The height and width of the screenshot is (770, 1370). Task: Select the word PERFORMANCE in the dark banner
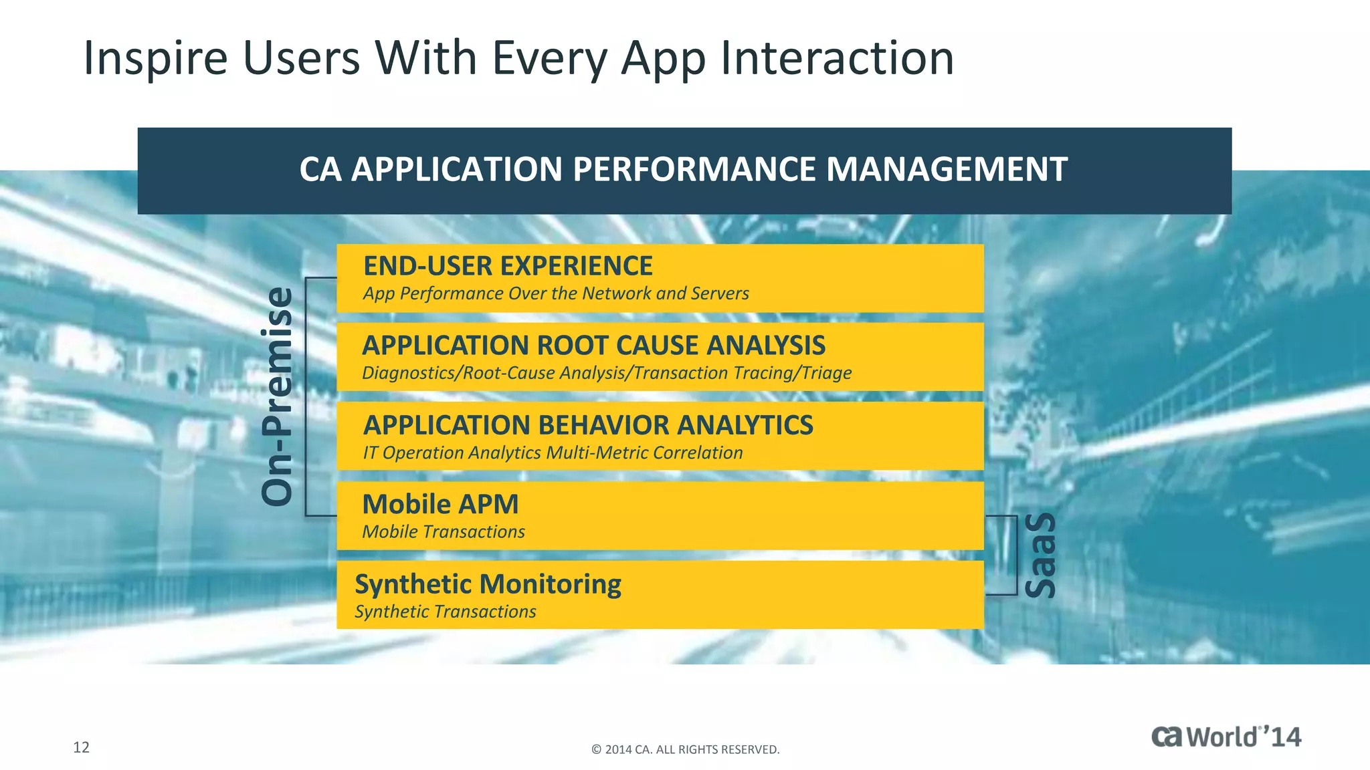click(x=694, y=170)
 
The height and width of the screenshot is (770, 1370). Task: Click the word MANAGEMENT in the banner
click(x=946, y=170)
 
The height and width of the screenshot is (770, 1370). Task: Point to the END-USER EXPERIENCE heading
click(x=507, y=266)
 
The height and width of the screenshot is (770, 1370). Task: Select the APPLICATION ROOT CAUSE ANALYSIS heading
click(x=593, y=346)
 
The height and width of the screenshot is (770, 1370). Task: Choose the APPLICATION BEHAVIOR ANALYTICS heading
click(x=587, y=425)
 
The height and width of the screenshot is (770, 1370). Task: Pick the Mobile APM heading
click(x=440, y=505)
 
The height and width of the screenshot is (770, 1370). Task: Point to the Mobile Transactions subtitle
click(x=443, y=532)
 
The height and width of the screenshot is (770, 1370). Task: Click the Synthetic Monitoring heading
click(x=488, y=584)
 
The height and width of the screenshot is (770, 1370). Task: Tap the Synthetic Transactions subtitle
click(x=445, y=612)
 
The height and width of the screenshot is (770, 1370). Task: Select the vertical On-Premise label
click(x=277, y=396)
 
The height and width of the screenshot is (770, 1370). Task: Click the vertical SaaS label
click(x=1040, y=555)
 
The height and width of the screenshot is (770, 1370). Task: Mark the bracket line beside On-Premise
click(x=306, y=396)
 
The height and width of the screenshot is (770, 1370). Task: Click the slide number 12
click(x=81, y=747)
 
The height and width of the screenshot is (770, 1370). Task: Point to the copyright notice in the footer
click(x=685, y=750)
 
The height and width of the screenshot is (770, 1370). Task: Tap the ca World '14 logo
click(x=1226, y=737)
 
